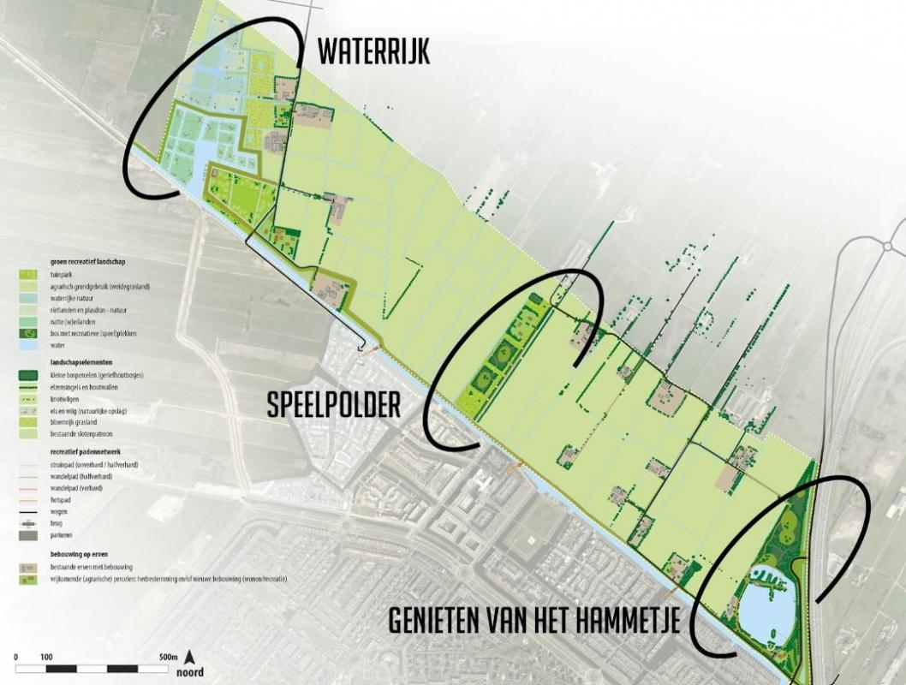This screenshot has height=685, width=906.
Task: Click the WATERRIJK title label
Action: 373,51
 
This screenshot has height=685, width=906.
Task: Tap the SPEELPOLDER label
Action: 333,405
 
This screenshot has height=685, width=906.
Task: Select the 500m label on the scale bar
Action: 167,657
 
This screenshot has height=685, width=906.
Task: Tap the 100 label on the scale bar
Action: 46,657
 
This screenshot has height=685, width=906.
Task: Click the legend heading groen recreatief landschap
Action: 87,261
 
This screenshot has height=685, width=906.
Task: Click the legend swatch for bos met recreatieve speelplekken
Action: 28,332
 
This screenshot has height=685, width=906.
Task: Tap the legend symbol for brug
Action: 28,522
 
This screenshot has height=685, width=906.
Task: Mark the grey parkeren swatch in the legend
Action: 28,535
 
